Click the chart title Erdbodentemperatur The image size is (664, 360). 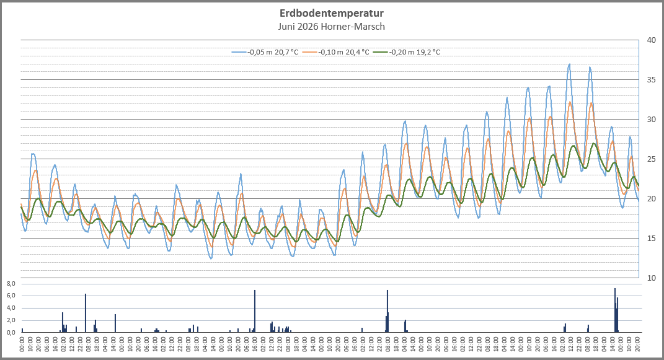click(332, 13)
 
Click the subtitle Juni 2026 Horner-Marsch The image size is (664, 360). click(332, 27)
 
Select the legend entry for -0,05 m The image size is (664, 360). click(265, 53)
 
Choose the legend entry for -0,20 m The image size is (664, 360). click(407, 53)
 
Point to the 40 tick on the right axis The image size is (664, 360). click(652, 40)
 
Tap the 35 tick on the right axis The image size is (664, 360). click(652, 80)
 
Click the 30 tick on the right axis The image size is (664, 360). click(652, 120)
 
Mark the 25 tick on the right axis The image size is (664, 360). click(652, 159)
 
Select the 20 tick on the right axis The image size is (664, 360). click(652, 199)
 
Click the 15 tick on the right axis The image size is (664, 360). click(652, 238)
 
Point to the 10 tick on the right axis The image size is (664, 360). click(652, 278)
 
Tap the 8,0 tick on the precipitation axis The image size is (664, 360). click(11, 283)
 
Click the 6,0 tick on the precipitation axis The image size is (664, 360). click(11, 296)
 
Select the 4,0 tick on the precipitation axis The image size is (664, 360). click(11, 308)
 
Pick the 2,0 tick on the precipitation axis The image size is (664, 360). click(11, 320)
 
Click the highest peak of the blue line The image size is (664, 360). click(570, 64)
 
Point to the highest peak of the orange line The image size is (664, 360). click(570, 102)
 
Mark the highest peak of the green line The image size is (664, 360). click(594, 143)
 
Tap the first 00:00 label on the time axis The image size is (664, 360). click(22, 344)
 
